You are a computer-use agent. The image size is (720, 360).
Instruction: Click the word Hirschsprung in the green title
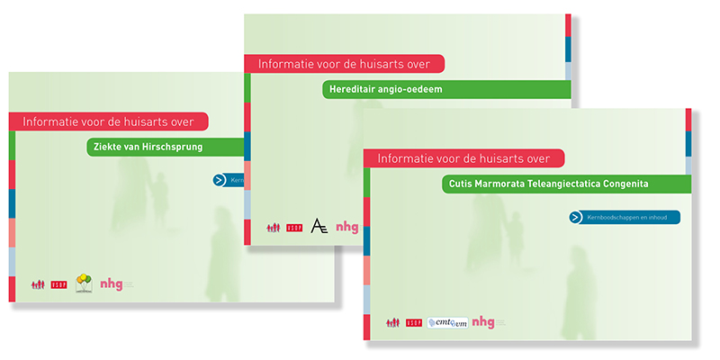[x=172, y=147]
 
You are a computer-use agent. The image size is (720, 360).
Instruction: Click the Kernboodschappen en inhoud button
[x=629, y=217]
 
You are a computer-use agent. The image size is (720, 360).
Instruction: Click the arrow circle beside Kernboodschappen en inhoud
[x=575, y=217]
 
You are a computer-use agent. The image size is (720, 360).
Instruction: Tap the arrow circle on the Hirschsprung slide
[x=220, y=180]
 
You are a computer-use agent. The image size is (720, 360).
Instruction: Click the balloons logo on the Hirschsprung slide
[x=84, y=283]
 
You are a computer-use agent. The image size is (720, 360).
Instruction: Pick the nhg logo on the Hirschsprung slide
[x=112, y=283]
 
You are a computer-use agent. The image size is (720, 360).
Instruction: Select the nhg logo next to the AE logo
[x=346, y=228]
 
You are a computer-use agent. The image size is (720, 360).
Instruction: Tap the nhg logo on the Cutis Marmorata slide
[x=483, y=321]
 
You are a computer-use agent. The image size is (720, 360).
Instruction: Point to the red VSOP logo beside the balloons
[x=59, y=284]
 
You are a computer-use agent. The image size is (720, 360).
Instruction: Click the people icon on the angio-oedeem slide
[x=273, y=228]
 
